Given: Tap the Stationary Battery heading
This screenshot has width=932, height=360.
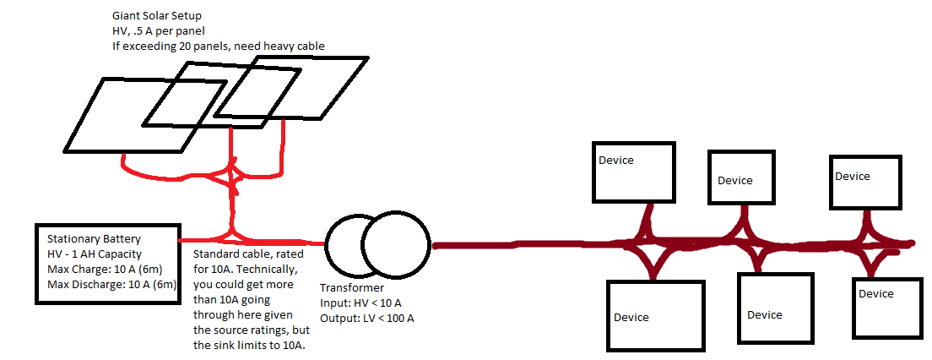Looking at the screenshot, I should point(94,239).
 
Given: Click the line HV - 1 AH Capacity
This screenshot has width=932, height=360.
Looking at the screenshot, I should point(95,254).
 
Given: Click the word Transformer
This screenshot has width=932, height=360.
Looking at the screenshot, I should point(351,288).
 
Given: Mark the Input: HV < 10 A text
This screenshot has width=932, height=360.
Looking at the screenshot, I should point(361,303).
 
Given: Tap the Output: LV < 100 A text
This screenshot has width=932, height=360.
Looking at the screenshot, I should point(367,318).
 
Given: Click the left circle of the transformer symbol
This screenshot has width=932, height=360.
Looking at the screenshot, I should point(348,243).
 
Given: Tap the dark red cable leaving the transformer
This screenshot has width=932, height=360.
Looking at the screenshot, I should point(523,245).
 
